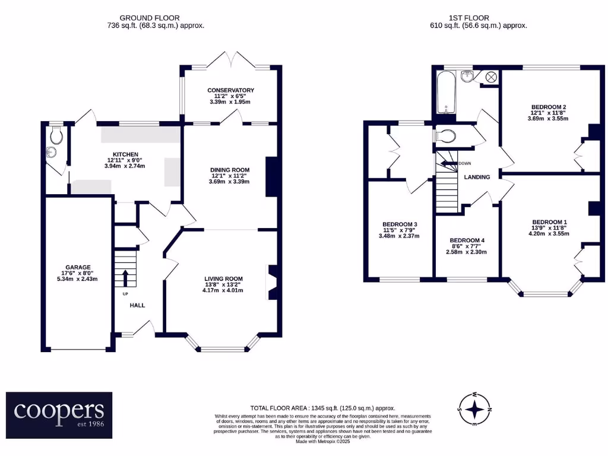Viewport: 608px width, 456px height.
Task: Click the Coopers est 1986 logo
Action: click(59, 410)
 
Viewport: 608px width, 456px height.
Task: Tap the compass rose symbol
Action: click(474, 409)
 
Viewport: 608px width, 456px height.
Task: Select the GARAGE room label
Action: click(78, 267)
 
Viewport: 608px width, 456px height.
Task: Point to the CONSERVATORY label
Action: click(230, 90)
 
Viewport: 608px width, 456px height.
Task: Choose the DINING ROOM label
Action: click(230, 170)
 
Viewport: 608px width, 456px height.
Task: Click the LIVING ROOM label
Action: click(223, 278)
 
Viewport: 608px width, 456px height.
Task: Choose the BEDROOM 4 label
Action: click(467, 240)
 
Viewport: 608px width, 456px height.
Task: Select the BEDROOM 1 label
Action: click(549, 222)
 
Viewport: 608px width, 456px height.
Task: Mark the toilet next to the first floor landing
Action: click(445, 137)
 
